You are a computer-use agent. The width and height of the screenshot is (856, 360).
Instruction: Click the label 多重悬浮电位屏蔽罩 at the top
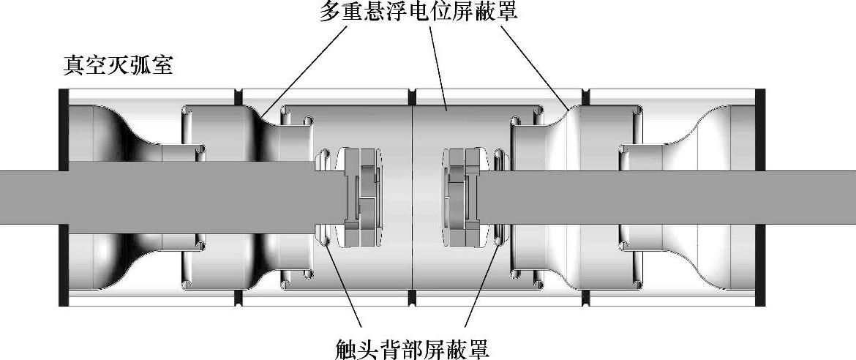418,12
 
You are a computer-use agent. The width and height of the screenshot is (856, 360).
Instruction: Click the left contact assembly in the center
359,198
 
